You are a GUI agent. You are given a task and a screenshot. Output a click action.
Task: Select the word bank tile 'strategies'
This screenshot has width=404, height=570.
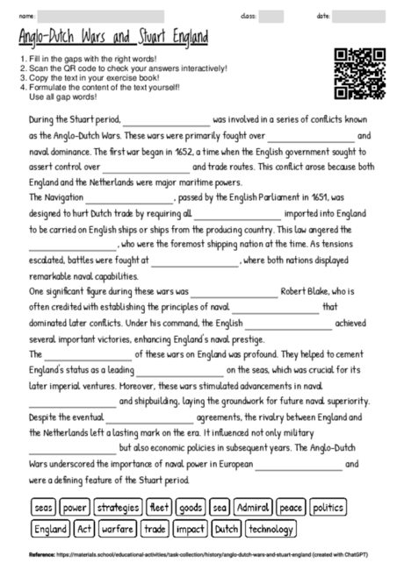pos(118,507)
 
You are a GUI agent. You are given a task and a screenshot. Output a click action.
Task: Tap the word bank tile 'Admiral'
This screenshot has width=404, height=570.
pos(252,507)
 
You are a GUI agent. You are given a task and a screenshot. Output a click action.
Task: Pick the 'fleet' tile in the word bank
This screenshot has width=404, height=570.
pos(160,507)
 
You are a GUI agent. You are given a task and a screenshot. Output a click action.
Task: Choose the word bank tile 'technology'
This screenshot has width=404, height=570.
pos(270,529)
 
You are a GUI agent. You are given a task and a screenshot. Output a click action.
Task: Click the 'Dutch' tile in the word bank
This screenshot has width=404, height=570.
pos(226,529)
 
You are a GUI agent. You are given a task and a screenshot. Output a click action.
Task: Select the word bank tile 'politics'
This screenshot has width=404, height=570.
pos(328,507)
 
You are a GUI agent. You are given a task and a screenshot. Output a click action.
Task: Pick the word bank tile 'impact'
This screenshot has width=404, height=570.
pos(190,529)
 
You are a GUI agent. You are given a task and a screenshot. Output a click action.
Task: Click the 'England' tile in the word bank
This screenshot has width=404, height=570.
pos(49,529)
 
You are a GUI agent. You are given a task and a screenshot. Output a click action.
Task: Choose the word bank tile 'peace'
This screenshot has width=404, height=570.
pos(290,507)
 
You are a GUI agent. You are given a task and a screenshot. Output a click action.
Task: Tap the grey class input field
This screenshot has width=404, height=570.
pos(271,16)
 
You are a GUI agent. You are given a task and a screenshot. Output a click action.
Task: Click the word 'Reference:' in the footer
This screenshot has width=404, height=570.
pos(41,555)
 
